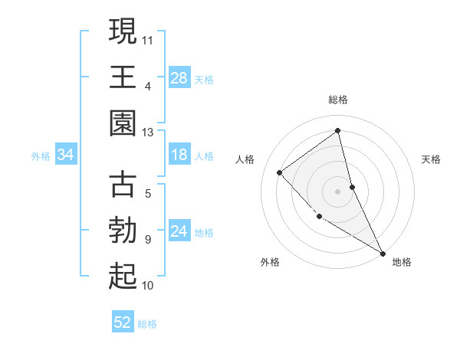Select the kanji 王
tap(123, 77)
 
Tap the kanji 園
tap(123, 123)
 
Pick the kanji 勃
tap(123, 231)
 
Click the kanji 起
tap(123, 277)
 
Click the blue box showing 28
tap(179, 77)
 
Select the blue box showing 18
tap(179, 155)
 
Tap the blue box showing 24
tap(179, 231)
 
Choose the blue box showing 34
tap(66, 155)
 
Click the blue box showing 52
tap(123, 322)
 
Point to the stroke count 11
tap(148, 38)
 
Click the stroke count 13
tap(148, 132)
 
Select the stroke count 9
tap(147, 239)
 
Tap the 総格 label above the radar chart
tap(338, 100)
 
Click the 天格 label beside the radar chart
tap(432, 159)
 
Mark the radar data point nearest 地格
tap(383, 253)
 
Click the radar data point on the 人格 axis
tap(280, 172)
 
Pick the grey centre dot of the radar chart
tap(338, 191)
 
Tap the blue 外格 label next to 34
tap(41, 155)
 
